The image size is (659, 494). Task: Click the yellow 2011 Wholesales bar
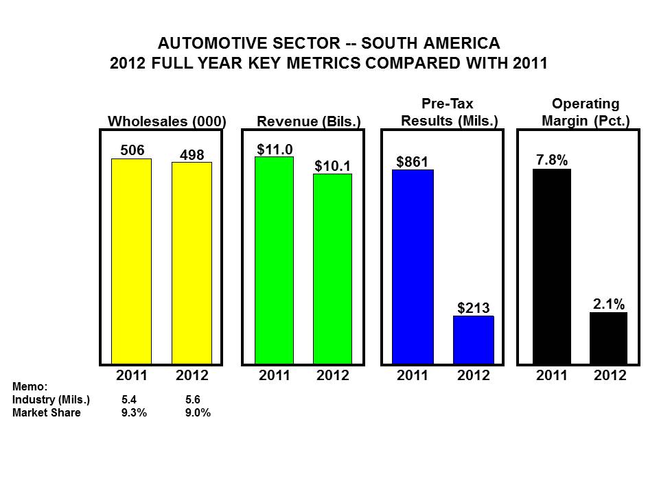(131, 261)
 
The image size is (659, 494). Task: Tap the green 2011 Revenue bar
(274, 260)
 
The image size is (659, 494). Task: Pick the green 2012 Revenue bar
(332, 268)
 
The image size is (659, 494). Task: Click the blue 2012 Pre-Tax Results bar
(473, 339)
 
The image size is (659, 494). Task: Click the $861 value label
(412, 162)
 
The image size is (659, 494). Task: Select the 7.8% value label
(551, 160)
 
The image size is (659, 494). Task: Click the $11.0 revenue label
(274, 148)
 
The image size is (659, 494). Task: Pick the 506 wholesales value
(131, 150)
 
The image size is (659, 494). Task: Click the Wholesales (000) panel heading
(167, 121)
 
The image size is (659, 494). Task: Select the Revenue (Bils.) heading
(309, 122)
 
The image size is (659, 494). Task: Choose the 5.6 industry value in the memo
(192, 400)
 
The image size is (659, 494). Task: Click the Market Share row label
(47, 413)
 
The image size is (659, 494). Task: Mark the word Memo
(30, 388)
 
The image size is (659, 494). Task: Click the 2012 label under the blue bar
(473, 375)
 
